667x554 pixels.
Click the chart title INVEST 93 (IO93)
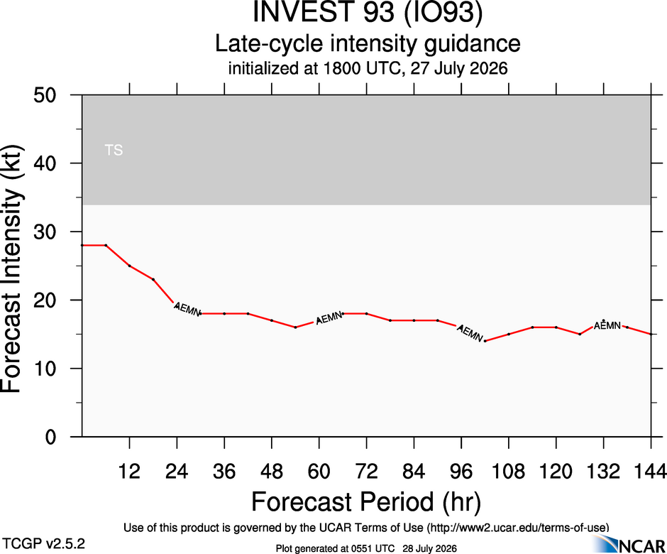pyautogui.click(x=368, y=11)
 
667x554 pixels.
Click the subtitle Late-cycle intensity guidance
pyautogui.click(x=368, y=43)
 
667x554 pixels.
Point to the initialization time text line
pyautogui.click(x=368, y=68)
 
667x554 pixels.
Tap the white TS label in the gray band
pyautogui.click(x=114, y=150)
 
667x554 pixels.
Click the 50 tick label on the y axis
pyautogui.click(x=45, y=95)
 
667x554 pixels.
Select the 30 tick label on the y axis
pyautogui.click(x=45, y=232)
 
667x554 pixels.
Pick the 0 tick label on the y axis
pyautogui.click(x=50, y=437)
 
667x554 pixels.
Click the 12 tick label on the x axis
pyautogui.click(x=129, y=472)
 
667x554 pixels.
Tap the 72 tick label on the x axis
pyautogui.click(x=366, y=472)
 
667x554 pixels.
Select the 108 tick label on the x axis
pyautogui.click(x=508, y=472)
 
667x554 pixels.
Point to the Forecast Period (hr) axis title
pyautogui.click(x=366, y=501)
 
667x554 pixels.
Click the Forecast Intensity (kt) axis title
pyautogui.click(x=11, y=269)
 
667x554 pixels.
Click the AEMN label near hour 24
pyautogui.click(x=187, y=309)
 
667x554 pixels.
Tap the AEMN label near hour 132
pyautogui.click(x=607, y=326)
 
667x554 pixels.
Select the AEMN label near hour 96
pyautogui.click(x=470, y=333)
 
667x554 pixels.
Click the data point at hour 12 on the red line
pyautogui.click(x=129, y=266)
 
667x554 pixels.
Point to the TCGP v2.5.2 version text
pyautogui.click(x=44, y=544)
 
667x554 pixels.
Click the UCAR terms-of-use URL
pyautogui.click(x=518, y=528)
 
